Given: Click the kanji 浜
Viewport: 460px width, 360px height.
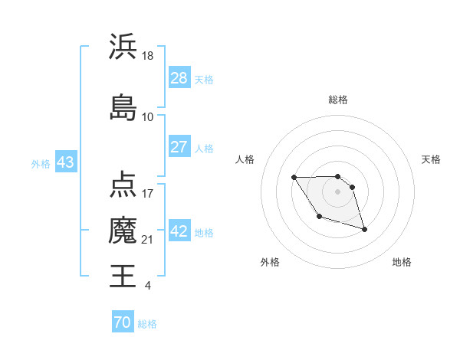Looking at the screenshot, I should [123, 47].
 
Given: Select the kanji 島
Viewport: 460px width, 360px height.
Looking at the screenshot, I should [123, 106].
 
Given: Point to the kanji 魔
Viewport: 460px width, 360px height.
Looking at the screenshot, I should [123, 231].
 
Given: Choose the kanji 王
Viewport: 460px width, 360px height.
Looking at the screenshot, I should [123, 275].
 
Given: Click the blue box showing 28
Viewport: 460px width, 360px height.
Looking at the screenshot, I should [179, 78].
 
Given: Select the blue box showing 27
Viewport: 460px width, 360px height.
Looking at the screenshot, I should [179, 147].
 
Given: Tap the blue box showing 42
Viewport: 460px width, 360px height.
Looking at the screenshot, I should [179, 231].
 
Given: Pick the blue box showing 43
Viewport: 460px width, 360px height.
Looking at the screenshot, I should [65, 163].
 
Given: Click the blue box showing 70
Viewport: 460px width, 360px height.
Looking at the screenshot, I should [123, 323].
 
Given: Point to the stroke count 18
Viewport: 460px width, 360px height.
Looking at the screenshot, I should [149, 56].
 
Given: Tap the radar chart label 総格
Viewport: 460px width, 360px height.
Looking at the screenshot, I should [338, 100].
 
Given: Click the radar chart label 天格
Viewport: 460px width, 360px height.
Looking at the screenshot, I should [432, 159].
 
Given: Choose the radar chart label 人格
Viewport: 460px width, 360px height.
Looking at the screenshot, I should [245, 159].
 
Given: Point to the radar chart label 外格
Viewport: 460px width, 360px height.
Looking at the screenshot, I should [270, 262].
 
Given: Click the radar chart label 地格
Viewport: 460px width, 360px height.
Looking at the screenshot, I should [402, 262].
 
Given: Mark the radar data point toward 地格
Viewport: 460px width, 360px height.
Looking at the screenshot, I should [364, 229].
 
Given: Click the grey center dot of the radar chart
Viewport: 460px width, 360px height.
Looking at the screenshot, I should [338, 191].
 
